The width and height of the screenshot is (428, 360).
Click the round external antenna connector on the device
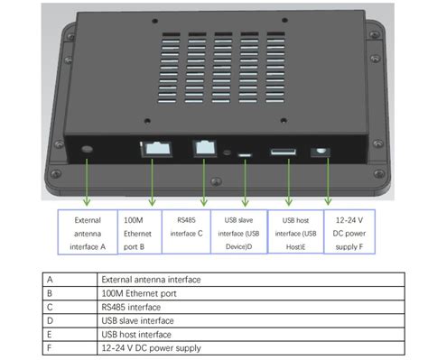point(88,149)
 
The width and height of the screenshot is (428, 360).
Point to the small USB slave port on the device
point(244,154)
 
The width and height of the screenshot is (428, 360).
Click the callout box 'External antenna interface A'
point(87,232)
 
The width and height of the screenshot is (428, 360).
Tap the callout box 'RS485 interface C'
point(186,232)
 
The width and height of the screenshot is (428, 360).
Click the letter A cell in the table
point(70,281)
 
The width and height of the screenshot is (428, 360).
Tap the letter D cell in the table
point(70,320)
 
